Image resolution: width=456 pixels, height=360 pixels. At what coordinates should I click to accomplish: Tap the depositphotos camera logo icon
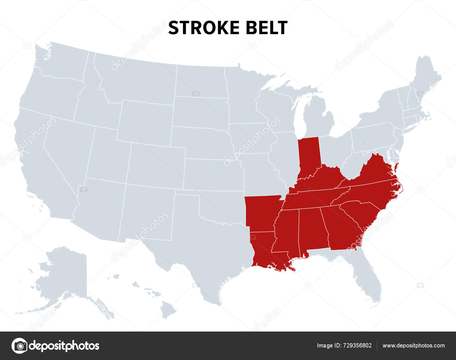19,346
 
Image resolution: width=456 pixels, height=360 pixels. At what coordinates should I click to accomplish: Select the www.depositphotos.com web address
414,346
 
